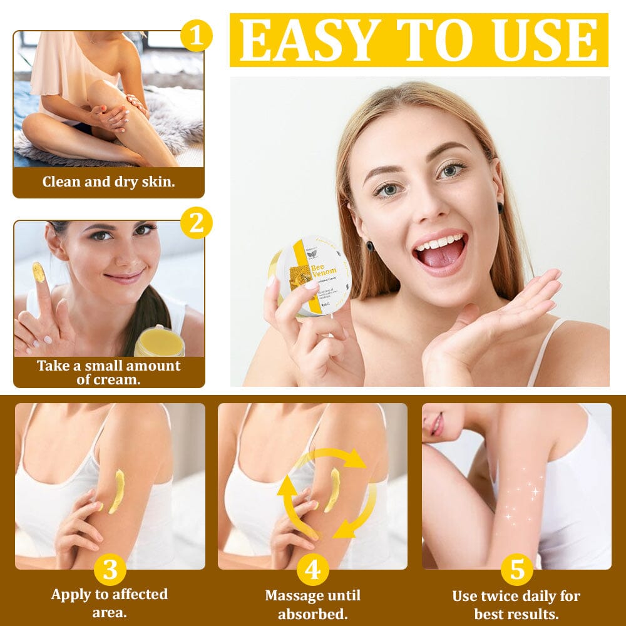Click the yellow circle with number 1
click(197, 36)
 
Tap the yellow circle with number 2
click(197, 223)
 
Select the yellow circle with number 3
click(110, 570)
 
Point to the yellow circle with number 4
click(312, 570)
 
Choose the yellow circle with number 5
click(516, 570)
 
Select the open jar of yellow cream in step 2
click(160, 341)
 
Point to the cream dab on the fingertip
click(38, 272)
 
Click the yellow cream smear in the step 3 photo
click(116, 491)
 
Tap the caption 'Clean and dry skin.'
click(108, 182)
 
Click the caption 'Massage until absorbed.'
click(312, 604)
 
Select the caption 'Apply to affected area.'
click(110, 603)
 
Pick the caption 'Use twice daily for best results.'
click(516, 604)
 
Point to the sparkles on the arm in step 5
click(523, 498)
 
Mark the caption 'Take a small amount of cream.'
click(108, 372)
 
